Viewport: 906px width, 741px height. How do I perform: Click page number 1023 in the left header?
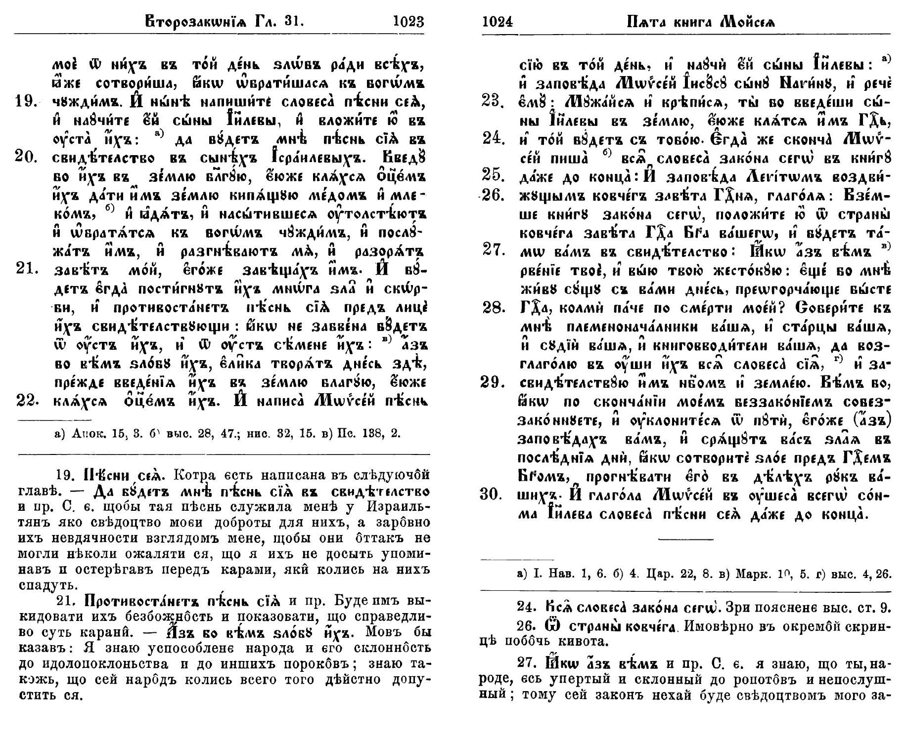[408, 22]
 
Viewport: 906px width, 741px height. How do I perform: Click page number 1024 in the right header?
[497, 22]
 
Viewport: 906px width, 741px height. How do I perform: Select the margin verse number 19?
[27, 102]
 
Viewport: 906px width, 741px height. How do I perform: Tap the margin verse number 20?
[27, 159]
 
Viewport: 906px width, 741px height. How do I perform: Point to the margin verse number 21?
[27, 270]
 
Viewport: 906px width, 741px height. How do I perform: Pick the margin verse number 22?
[27, 401]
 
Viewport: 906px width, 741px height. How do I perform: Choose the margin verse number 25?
[492, 176]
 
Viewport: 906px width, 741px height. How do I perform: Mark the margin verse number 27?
[492, 251]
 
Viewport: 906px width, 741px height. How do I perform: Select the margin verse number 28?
[492, 308]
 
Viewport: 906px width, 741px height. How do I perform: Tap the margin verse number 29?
[492, 382]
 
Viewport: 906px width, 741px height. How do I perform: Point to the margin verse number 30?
[492, 494]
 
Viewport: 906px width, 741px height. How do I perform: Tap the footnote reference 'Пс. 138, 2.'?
[368, 434]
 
